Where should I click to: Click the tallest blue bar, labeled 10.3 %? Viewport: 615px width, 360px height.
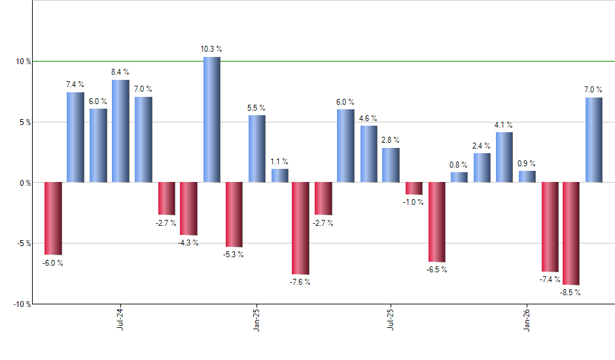(x=211, y=120)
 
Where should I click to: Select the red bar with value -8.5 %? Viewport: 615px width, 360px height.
(x=571, y=234)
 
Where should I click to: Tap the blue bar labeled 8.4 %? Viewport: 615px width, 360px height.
(x=120, y=131)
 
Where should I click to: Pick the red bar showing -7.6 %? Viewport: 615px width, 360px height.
(x=300, y=228)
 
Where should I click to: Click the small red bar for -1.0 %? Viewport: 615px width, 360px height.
(x=413, y=189)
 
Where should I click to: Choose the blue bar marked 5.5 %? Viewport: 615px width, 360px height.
(x=256, y=149)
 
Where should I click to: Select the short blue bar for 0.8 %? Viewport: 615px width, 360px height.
(x=459, y=177)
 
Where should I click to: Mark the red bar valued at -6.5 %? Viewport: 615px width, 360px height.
(x=436, y=222)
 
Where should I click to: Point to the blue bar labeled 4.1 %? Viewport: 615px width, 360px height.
(x=504, y=157)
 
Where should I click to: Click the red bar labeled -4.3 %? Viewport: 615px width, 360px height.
(x=188, y=209)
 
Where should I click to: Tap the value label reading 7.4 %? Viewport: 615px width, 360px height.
(x=75, y=84)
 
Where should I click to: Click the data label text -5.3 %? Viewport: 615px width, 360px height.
(x=234, y=255)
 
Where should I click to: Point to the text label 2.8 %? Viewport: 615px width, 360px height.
(x=391, y=140)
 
